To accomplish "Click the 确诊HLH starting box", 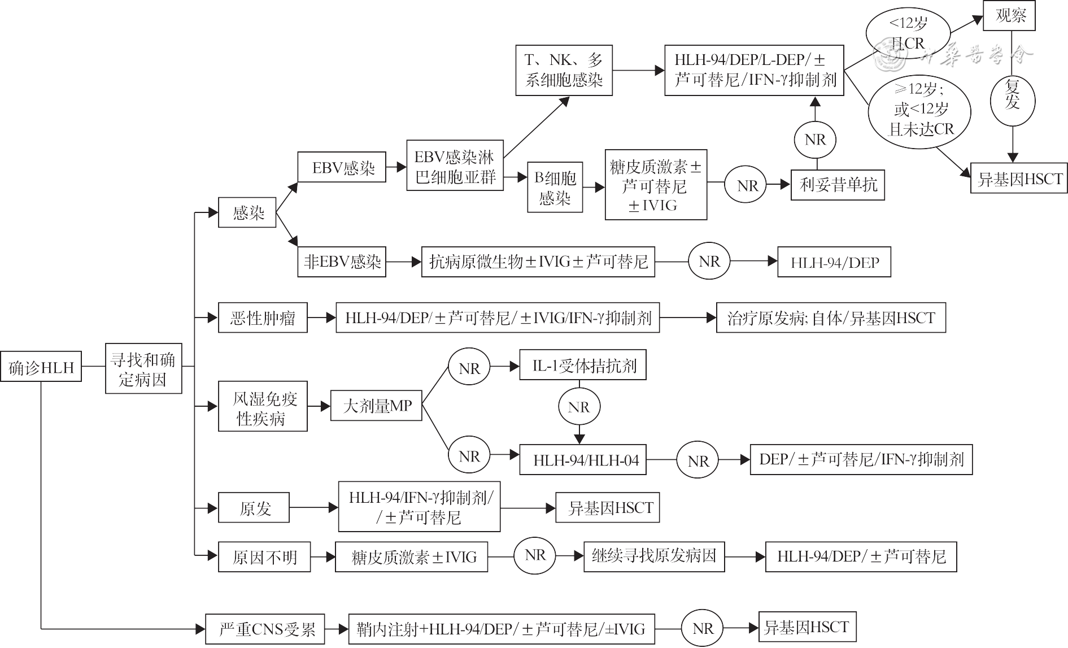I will [41, 367].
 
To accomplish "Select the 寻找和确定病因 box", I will [143, 368].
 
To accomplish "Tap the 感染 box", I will [247, 212].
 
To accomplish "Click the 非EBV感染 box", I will [342, 262].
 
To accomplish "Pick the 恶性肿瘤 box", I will [263, 318].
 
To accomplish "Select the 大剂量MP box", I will [376, 406].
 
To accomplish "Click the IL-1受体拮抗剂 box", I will [583, 366].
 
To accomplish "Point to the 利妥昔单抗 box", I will [838, 184].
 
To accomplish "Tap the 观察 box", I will [1009, 16].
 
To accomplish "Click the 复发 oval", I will [1013, 95].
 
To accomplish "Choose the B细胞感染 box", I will [555, 188].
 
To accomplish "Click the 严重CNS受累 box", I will [264, 629].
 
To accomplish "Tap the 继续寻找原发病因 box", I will [653, 556].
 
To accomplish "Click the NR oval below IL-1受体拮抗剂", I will [579, 407].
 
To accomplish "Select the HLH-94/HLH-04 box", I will [583, 460].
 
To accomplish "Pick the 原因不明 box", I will [264, 557].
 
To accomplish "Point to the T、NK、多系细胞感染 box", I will [564, 70].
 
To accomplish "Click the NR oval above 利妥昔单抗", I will [815, 140].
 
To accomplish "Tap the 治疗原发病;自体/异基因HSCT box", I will [830, 318].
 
